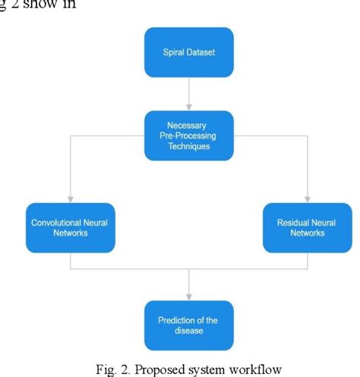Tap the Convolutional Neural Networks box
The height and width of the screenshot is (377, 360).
[70, 227]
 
